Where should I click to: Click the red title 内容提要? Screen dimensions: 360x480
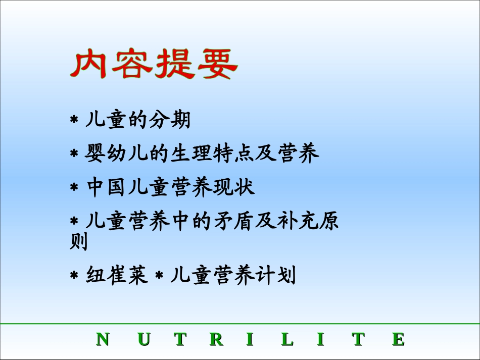pyautogui.click(x=154, y=64)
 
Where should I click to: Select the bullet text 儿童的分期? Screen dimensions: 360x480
pyautogui.click(x=138, y=120)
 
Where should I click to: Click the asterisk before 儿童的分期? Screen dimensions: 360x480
pyautogui.click(x=74, y=121)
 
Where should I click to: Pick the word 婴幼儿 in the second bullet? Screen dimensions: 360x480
pyautogui.click(x=117, y=153)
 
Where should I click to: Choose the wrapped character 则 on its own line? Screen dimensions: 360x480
pyautogui.click(x=78, y=241)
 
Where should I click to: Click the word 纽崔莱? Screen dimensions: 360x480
pyautogui.click(x=117, y=276)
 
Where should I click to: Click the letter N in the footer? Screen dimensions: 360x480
pyautogui.click(x=103, y=339)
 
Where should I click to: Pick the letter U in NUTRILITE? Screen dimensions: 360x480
pyautogui.click(x=144, y=339)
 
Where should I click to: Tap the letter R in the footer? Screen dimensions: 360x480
pyautogui.click(x=216, y=339)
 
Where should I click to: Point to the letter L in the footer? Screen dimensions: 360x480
pyautogui.click(x=287, y=339)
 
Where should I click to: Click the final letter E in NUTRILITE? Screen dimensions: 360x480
pyautogui.click(x=398, y=339)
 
